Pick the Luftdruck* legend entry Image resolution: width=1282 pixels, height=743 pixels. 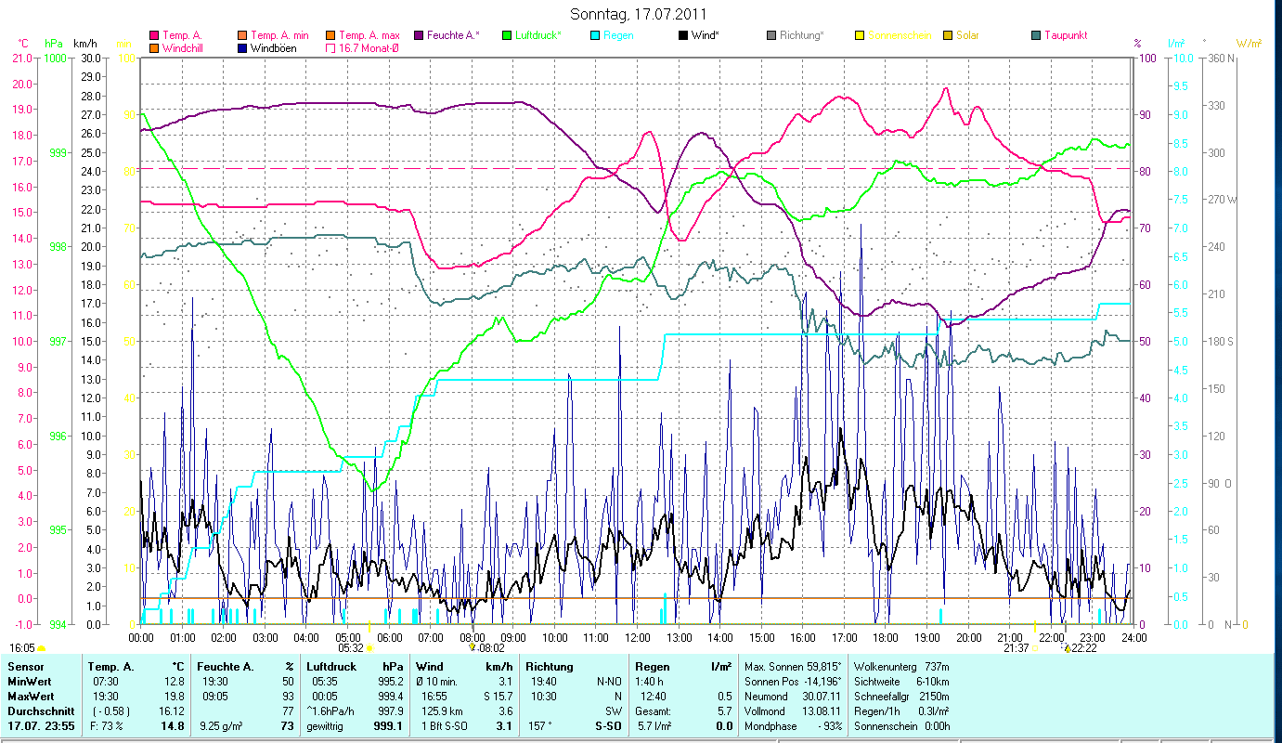point(543,35)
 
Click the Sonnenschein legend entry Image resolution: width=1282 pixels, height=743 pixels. point(899,35)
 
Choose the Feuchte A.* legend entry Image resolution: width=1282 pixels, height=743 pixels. point(453,35)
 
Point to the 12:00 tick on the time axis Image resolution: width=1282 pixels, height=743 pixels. point(638,637)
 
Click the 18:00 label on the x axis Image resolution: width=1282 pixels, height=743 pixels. point(886,637)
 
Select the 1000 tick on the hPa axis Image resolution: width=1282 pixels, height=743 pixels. point(57,58)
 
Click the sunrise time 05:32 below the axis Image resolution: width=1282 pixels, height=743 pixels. point(350,648)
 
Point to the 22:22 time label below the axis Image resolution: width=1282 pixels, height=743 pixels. point(1083,648)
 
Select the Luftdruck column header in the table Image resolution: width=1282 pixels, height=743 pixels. point(330,667)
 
